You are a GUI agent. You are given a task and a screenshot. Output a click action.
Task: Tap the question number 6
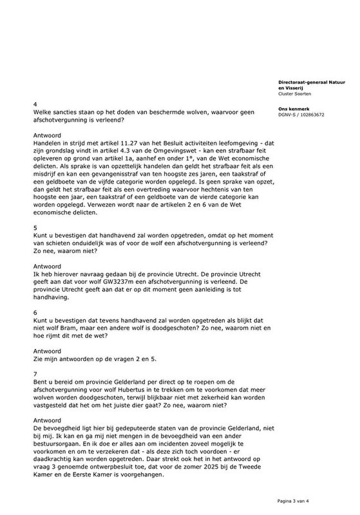pyautogui.click(x=35, y=312)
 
